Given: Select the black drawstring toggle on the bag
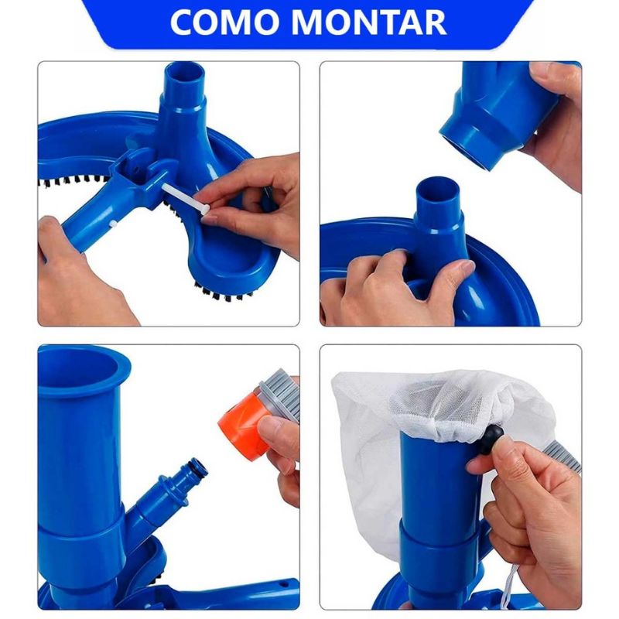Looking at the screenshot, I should click(490, 439).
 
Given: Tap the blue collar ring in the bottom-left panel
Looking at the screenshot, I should click(85, 534).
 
